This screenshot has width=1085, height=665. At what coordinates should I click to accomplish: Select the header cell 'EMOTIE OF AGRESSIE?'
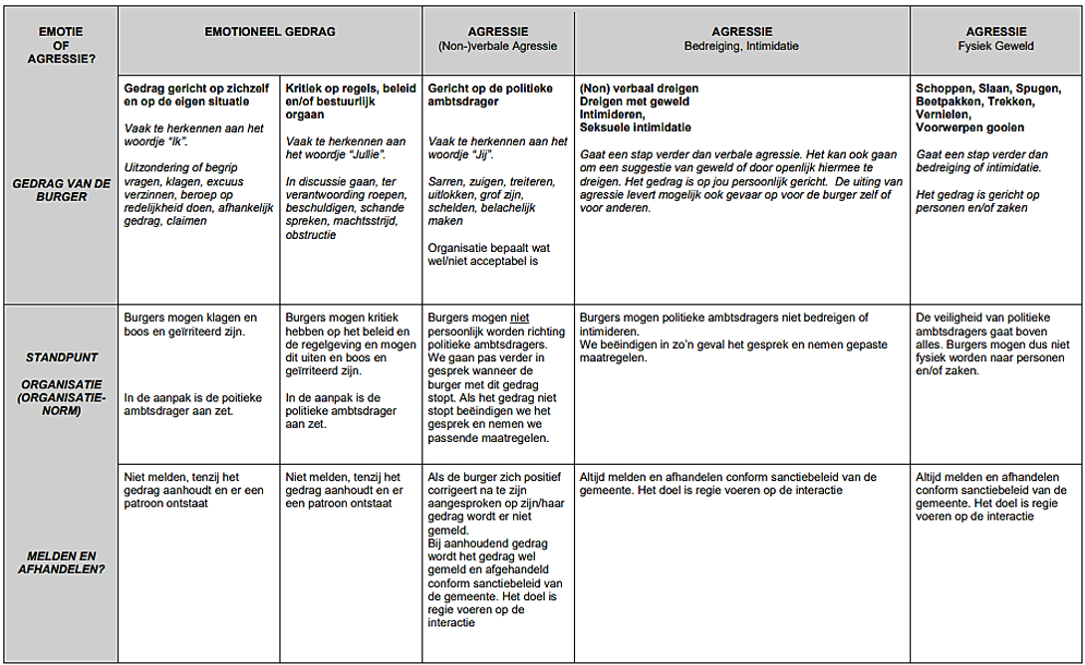(x=61, y=45)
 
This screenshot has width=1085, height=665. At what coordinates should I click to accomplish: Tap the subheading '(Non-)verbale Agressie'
(x=497, y=46)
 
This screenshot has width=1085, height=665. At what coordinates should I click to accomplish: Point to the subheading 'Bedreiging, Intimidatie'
(x=741, y=46)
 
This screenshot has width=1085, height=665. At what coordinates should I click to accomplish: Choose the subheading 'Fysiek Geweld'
(x=995, y=46)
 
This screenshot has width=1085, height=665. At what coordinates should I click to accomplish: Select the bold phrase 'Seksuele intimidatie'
(x=635, y=127)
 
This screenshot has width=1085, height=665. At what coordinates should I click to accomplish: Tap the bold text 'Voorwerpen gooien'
(x=969, y=127)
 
